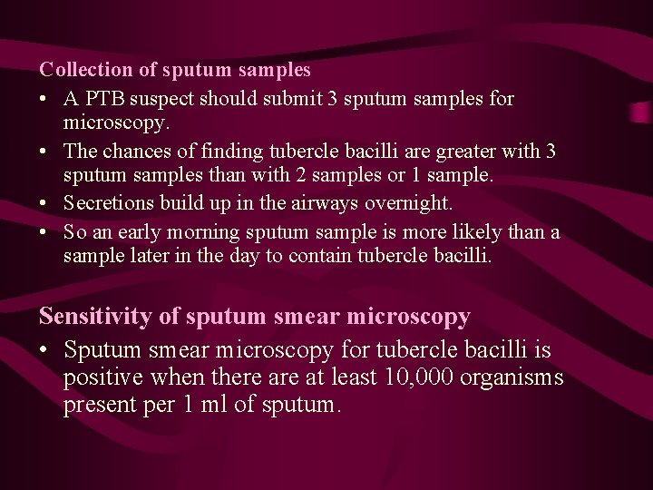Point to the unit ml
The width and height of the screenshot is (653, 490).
pyautogui.click(x=214, y=405)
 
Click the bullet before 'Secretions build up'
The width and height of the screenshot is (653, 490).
pyautogui.click(x=44, y=203)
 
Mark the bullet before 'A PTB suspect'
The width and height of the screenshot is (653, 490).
pyautogui.click(x=44, y=98)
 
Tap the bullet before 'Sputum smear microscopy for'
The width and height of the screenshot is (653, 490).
pyautogui.click(x=45, y=349)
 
